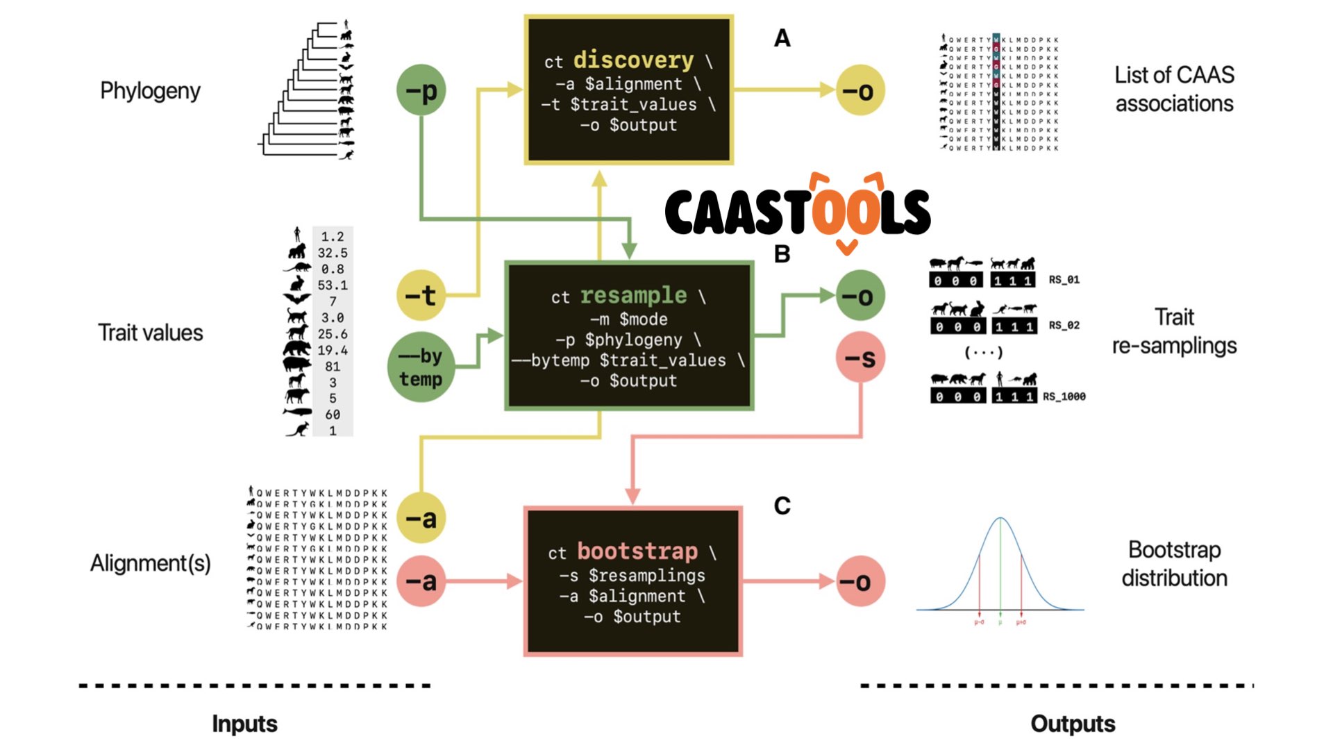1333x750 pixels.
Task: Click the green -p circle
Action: pyautogui.click(x=421, y=90)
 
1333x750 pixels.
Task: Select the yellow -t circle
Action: pyautogui.click(x=421, y=296)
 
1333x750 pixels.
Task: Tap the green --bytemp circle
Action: pyautogui.click(x=421, y=367)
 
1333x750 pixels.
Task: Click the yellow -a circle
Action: pyautogui.click(x=421, y=518)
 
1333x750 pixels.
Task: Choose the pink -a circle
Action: pyautogui.click(x=421, y=581)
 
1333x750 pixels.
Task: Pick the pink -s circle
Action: pyautogui.click(x=860, y=358)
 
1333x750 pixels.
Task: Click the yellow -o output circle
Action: pyautogui.click(x=860, y=90)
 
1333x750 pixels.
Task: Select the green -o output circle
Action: pyautogui.click(x=860, y=296)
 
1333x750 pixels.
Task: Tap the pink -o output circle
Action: pyautogui.click(x=860, y=581)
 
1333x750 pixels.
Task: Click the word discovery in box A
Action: pyautogui.click(x=633, y=60)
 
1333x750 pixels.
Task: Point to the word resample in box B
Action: pyautogui.click(x=633, y=296)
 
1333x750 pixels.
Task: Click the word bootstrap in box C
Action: pyautogui.click(x=637, y=551)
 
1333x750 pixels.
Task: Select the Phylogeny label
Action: pyautogui.click(x=150, y=91)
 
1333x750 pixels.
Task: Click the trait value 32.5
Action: pyautogui.click(x=333, y=253)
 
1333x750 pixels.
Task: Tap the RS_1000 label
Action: pyautogui.click(x=1064, y=397)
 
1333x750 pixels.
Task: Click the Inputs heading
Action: pyautogui.click(x=244, y=724)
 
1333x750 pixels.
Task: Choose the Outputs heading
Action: pyautogui.click(x=1073, y=724)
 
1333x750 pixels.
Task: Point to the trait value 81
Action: pyautogui.click(x=333, y=367)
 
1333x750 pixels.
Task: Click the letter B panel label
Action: pyautogui.click(x=782, y=254)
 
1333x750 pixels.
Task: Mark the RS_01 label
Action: pyautogui.click(x=1064, y=280)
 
